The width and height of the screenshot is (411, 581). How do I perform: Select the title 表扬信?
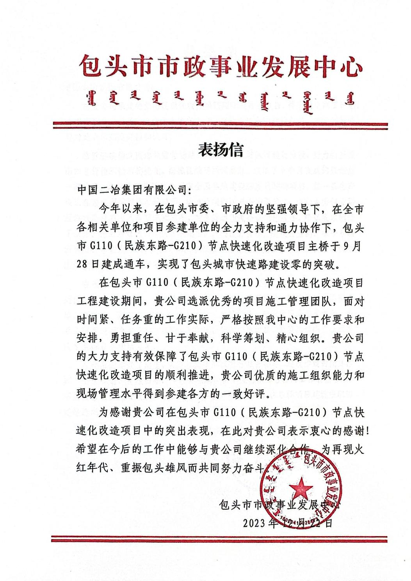pos(221,150)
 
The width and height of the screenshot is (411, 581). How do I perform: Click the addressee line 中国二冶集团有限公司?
pos(132,190)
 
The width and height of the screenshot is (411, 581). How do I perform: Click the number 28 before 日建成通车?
pos(82,265)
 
